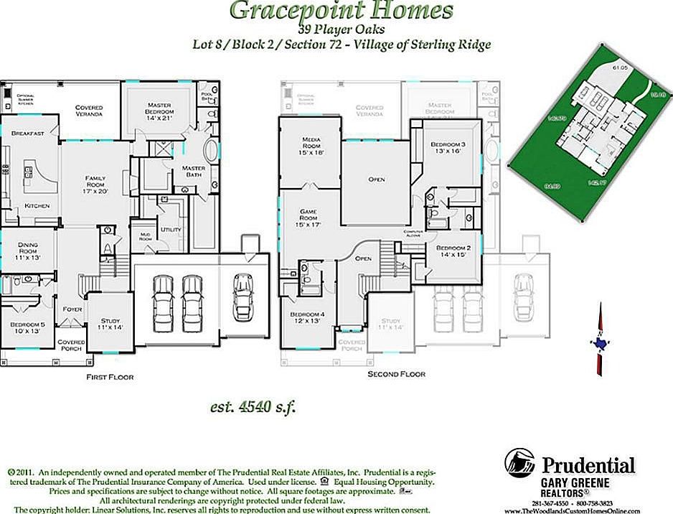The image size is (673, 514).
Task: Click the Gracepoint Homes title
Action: click(341, 11)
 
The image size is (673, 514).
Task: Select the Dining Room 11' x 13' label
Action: click(27, 251)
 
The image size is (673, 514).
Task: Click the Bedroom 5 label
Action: click(28, 328)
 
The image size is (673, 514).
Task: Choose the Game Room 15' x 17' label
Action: click(309, 220)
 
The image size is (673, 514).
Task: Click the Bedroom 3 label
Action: click(448, 148)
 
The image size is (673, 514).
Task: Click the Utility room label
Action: click(171, 229)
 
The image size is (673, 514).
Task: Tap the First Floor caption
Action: click(110, 376)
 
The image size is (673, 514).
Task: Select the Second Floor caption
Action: click(396, 374)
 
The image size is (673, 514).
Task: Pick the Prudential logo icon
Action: click(519, 463)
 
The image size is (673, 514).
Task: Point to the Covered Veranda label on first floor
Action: click(90, 111)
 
